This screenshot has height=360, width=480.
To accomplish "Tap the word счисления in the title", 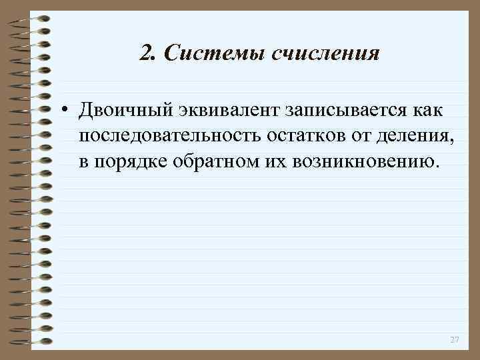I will [326, 53].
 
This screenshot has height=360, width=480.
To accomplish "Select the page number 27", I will [455, 340].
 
